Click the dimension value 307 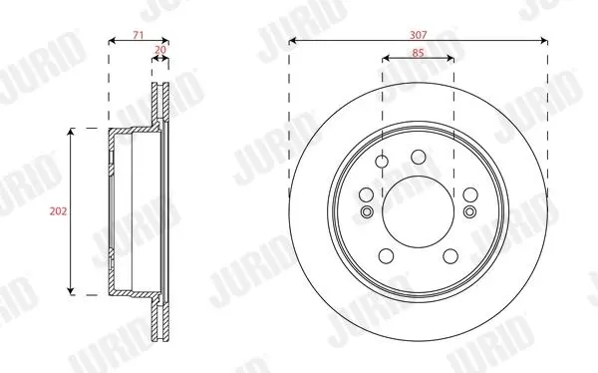pyautogui.click(x=419, y=35)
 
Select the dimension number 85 pyautogui.click(x=418, y=53)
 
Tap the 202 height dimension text pyautogui.click(x=58, y=211)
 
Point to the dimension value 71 pyautogui.click(x=139, y=35)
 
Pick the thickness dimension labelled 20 pyautogui.click(x=160, y=50)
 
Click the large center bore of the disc pyautogui.click(x=419, y=211)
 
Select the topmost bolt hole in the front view pyautogui.click(x=419, y=157)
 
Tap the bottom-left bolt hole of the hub pyautogui.click(x=386, y=255)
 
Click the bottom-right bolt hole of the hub pyautogui.click(x=450, y=255)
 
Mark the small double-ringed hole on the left pyautogui.click(x=367, y=211)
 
